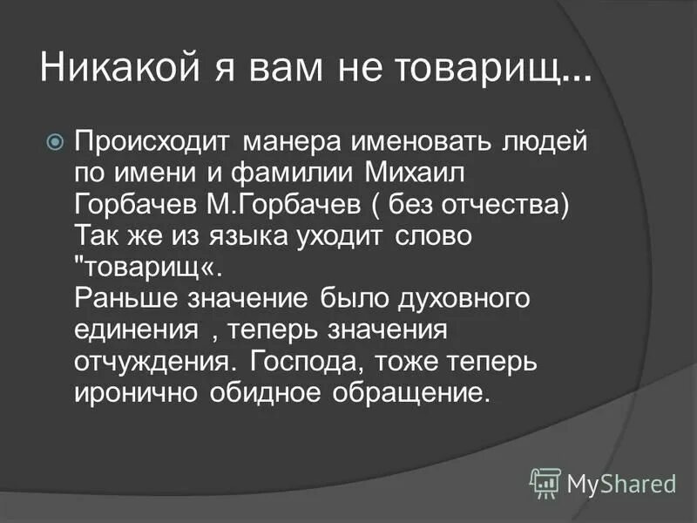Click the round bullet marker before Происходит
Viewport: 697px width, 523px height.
pyautogui.click(x=54, y=139)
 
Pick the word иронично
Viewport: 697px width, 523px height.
pyautogui.click(x=137, y=392)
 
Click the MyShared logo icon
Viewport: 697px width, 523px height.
pyautogui.click(x=546, y=482)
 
